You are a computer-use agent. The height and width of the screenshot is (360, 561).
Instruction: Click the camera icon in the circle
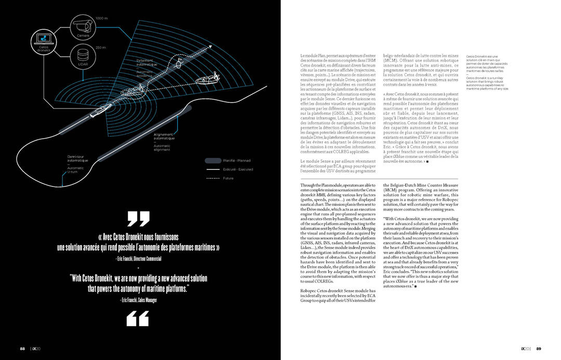(83, 24)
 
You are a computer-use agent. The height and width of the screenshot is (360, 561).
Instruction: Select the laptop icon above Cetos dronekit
(43, 38)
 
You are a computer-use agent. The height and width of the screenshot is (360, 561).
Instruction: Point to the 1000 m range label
(102, 18)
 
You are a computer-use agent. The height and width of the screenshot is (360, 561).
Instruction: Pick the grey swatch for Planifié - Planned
(212, 161)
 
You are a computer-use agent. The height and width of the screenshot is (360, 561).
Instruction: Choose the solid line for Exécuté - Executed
(212, 169)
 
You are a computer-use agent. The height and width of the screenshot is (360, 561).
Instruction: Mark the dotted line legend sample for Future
(212, 178)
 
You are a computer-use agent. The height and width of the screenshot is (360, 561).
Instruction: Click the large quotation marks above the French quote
(138, 219)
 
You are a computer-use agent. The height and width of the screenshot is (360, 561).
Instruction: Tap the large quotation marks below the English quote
(138, 318)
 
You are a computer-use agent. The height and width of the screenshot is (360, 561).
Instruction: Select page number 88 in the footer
(23, 349)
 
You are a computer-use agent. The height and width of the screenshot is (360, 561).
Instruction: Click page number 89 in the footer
(539, 349)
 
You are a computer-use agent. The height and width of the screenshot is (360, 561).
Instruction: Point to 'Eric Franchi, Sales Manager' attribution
(138, 300)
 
